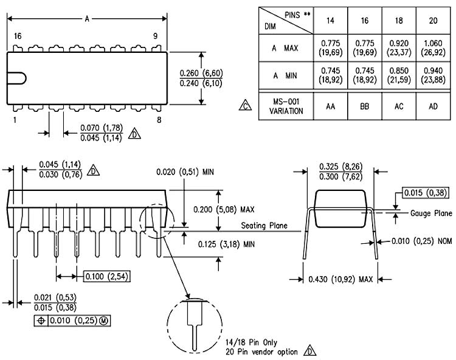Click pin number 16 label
(x=18, y=36)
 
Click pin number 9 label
(x=156, y=36)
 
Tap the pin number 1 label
(x=14, y=120)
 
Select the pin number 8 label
(x=159, y=120)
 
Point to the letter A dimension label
(x=87, y=19)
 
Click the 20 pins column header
(x=434, y=20)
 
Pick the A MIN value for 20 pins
(x=434, y=76)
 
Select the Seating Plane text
(x=264, y=226)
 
